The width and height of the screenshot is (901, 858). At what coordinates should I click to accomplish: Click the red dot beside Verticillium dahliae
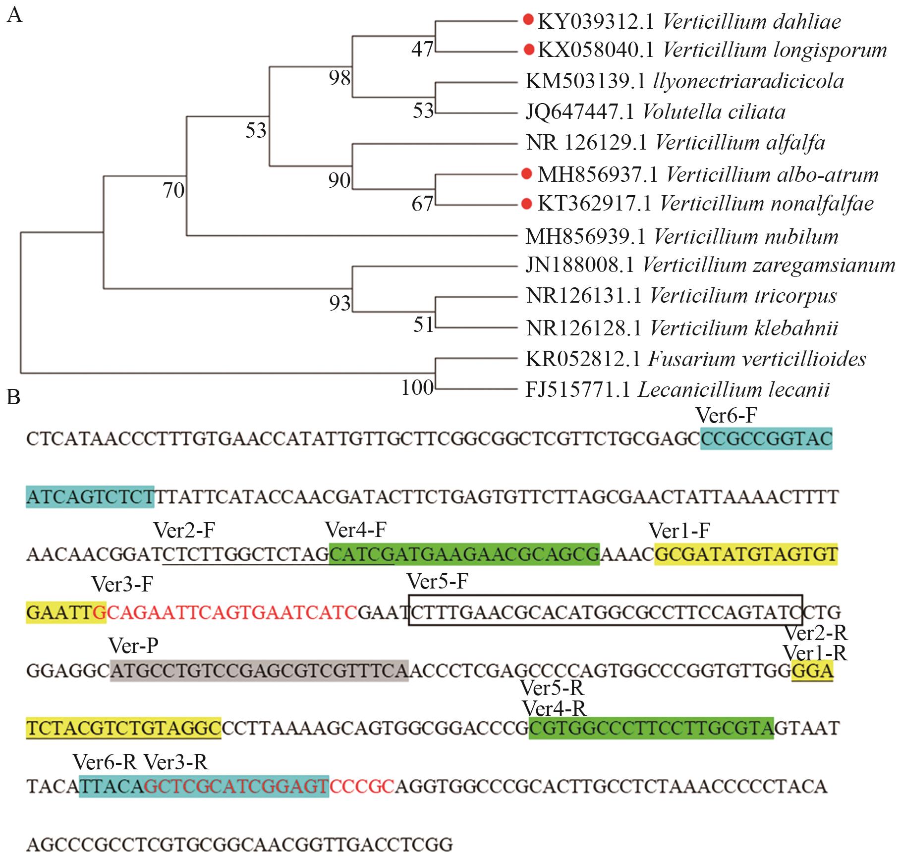click(528, 20)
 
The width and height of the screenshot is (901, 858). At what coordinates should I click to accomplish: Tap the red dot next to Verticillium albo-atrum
click(527, 173)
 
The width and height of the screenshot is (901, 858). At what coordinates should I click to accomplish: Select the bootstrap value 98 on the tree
click(339, 78)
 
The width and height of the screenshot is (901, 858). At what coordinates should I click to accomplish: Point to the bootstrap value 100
click(417, 388)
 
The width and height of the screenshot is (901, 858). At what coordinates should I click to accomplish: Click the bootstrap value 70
click(173, 190)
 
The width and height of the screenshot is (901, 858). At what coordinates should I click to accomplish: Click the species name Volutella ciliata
click(714, 112)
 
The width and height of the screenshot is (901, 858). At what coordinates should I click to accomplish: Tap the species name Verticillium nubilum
click(746, 237)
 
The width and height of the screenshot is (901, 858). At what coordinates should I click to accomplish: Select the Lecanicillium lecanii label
click(733, 390)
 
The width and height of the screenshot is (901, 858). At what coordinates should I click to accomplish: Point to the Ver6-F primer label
click(726, 415)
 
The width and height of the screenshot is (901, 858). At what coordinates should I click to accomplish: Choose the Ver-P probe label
click(133, 646)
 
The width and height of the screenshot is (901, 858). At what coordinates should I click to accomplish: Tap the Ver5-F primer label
click(437, 581)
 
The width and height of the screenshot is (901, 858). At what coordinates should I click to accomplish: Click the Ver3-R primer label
click(176, 762)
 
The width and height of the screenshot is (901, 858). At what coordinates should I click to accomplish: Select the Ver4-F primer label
click(355, 531)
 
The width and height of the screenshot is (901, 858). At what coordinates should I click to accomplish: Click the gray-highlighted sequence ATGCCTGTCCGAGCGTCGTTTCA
click(259, 671)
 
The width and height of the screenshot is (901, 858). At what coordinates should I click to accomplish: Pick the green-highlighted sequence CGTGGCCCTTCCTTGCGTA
click(651, 728)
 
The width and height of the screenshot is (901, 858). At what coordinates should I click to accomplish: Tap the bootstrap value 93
click(339, 303)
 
